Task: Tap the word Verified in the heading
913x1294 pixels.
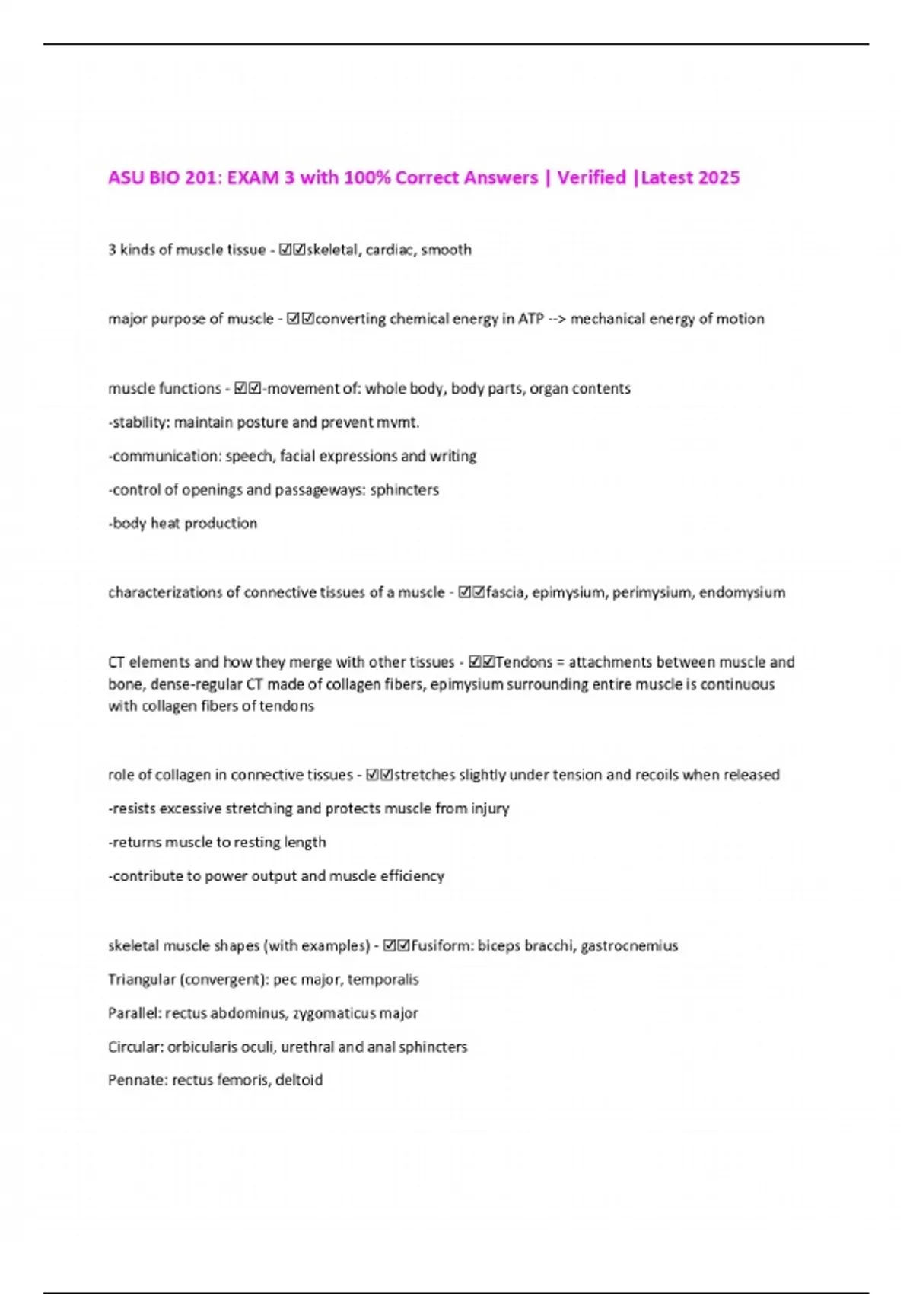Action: tap(591, 178)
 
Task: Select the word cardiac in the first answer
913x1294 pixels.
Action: tap(390, 250)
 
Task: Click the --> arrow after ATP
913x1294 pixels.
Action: tap(556, 319)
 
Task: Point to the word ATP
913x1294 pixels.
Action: tap(530, 319)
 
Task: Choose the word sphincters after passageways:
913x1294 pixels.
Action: tap(404, 489)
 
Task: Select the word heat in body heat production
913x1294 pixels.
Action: tap(165, 523)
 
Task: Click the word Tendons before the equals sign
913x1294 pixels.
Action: tap(523, 662)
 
